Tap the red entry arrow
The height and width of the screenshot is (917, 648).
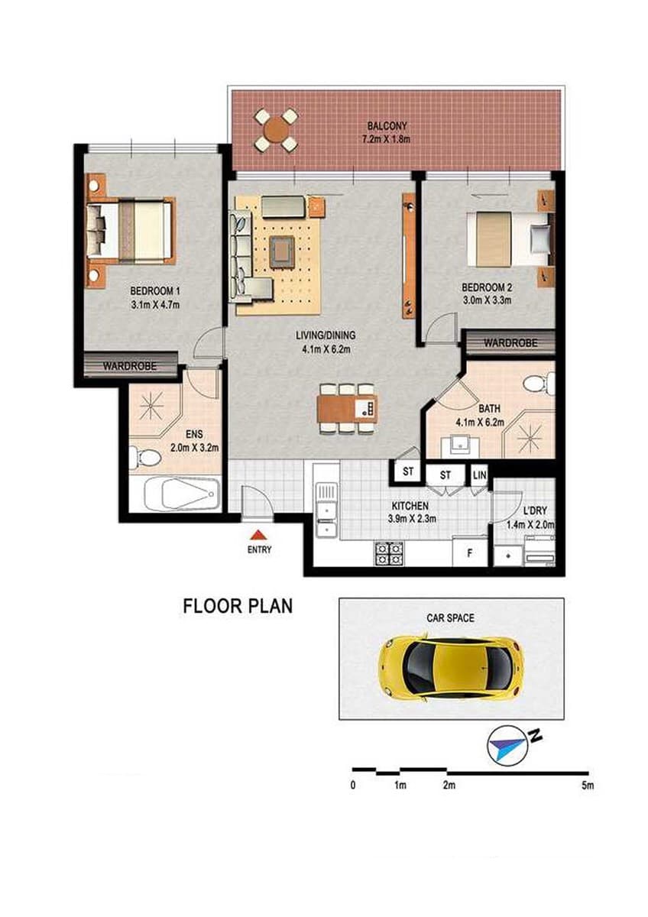point(258,535)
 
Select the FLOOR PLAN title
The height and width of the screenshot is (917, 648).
point(238,606)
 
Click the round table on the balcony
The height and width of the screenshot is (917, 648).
point(276,130)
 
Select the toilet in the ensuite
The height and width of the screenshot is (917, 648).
point(143,458)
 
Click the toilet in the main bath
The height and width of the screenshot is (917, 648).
point(539,384)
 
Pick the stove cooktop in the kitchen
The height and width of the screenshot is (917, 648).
point(388,553)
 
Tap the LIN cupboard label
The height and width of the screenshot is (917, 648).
point(479,475)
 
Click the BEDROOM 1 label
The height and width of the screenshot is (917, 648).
point(154,291)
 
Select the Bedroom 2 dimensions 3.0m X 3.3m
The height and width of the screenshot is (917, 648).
point(487,300)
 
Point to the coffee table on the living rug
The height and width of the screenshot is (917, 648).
point(281,251)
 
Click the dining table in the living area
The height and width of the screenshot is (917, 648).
point(348,409)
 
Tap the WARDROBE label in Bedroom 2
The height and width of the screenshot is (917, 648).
point(510,342)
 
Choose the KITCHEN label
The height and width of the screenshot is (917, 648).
point(410,506)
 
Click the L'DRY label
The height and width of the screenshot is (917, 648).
point(535,510)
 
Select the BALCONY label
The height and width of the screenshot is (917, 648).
point(387,125)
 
